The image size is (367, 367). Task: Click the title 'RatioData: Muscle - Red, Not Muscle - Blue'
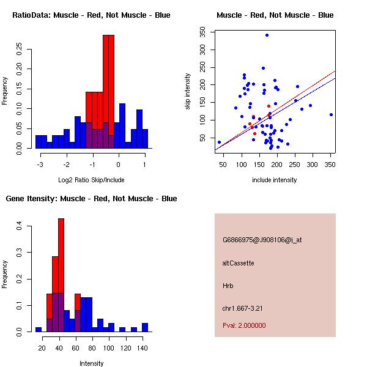pyautogui.click(x=91, y=15)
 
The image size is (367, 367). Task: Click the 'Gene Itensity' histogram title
pyautogui.click(x=91, y=198)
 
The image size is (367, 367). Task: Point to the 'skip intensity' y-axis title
pyautogui.click(x=188, y=92)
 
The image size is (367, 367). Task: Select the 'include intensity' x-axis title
pyautogui.click(x=275, y=180)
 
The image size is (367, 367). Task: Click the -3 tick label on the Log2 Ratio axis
pyautogui.click(x=40, y=164)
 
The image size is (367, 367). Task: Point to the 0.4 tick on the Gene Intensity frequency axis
pyautogui.click(x=19, y=226)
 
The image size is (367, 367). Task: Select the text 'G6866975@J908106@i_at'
pyautogui.click(x=262, y=240)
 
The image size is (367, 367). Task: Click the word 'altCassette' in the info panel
pyautogui.click(x=238, y=263)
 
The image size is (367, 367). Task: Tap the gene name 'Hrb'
pyautogui.click(x=228, y=286)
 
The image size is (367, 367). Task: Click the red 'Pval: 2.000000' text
pyautogui.click(x=244, y=325)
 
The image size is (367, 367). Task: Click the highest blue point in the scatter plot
pyautogui.click(x=267, y=35)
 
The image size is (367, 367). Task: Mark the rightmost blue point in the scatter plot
pyautogui.click(x=331, y=114)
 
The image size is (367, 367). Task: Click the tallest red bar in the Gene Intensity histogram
pyautogui.click(x=61, y=275)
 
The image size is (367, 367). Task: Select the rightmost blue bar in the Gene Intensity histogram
pyautogui.click(x=145, y=327)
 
